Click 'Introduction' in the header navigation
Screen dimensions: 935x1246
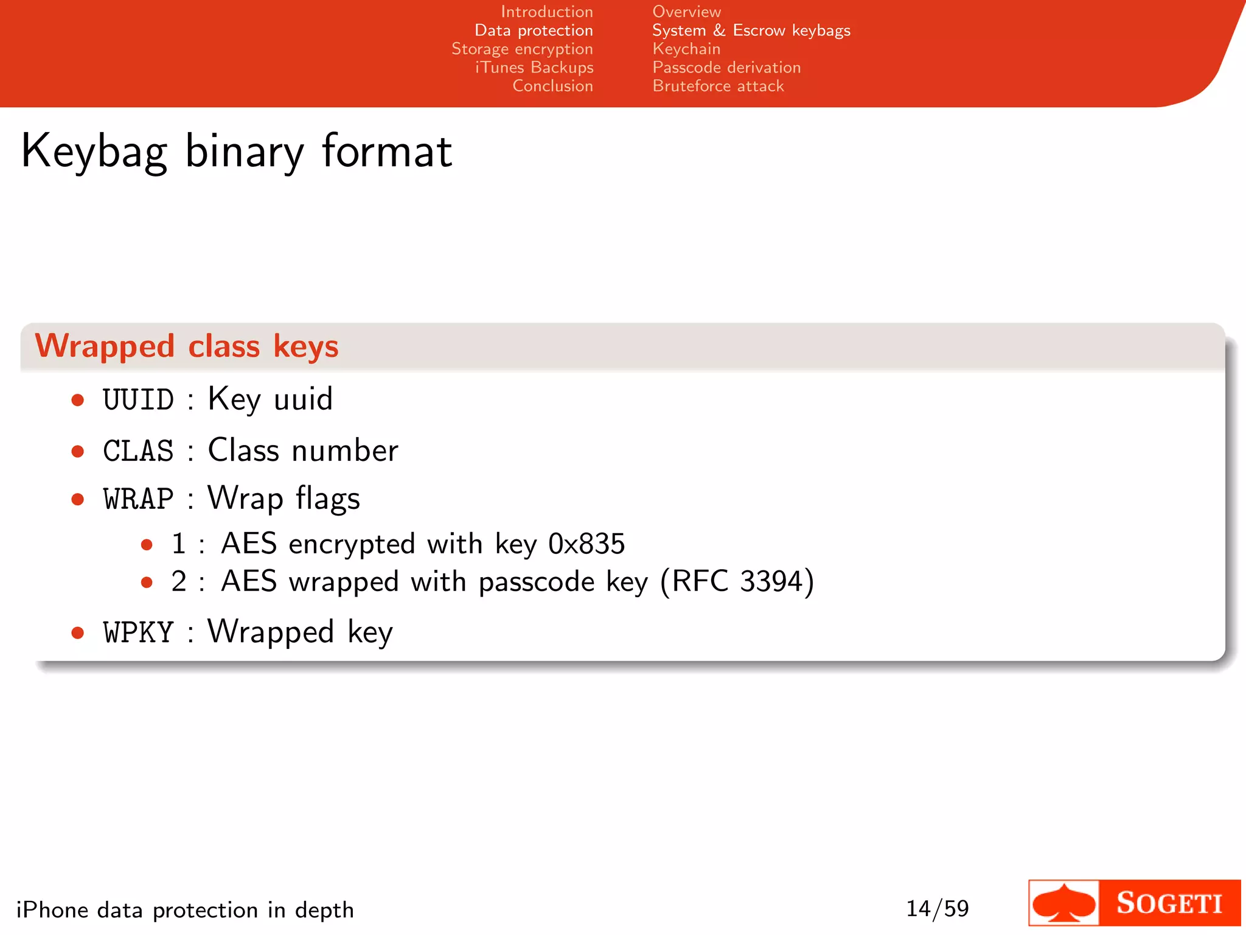[546, 12]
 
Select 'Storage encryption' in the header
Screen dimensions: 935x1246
[522, 49]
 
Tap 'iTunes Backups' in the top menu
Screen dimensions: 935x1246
[534, 68]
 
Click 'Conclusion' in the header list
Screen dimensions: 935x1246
[552, 86]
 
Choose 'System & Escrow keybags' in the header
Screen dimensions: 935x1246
[751, 30]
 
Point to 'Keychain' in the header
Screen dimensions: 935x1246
[686, 49]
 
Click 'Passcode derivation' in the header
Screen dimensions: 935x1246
[726, 68]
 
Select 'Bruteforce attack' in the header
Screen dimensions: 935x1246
[718, 86]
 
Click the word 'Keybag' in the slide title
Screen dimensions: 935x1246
[94, 152]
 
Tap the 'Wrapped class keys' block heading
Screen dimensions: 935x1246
[186, 346]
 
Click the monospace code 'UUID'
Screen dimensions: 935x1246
[138, 400]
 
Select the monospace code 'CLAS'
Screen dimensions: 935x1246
[138, 451]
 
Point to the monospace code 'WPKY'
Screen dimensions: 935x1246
[138, 632]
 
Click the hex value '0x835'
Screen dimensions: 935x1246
[586, 544]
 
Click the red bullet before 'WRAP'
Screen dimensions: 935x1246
[77, 500]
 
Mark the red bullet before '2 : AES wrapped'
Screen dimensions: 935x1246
[146, 583]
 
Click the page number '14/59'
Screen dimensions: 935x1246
[937, 909]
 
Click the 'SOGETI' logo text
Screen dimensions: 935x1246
[1169, 903]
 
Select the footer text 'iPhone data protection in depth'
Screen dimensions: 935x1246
[185, 910]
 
